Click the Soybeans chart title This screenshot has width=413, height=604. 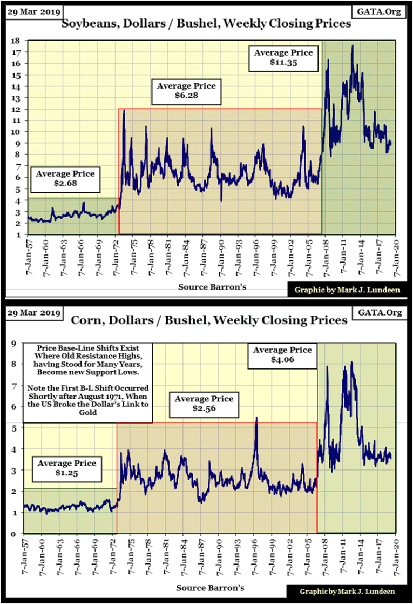(206, 24)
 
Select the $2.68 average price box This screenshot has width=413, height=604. (65, 179)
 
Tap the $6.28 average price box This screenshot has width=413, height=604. (186, 91)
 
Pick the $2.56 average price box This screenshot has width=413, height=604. (204, 404)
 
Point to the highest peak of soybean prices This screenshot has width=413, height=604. (353, 46)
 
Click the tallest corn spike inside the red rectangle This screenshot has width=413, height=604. (256, 418)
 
